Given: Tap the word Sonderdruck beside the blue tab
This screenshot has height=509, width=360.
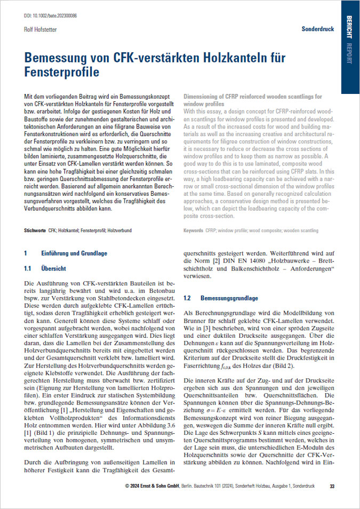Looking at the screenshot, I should tap(318, 29).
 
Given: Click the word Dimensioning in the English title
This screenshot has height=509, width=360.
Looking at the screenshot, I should tap(201, 97).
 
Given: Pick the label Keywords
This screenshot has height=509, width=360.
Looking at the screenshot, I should tap(193, 230).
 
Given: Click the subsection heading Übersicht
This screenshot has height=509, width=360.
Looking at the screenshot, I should tap(53, 268).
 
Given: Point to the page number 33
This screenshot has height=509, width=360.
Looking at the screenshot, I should tap(332, 486).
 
